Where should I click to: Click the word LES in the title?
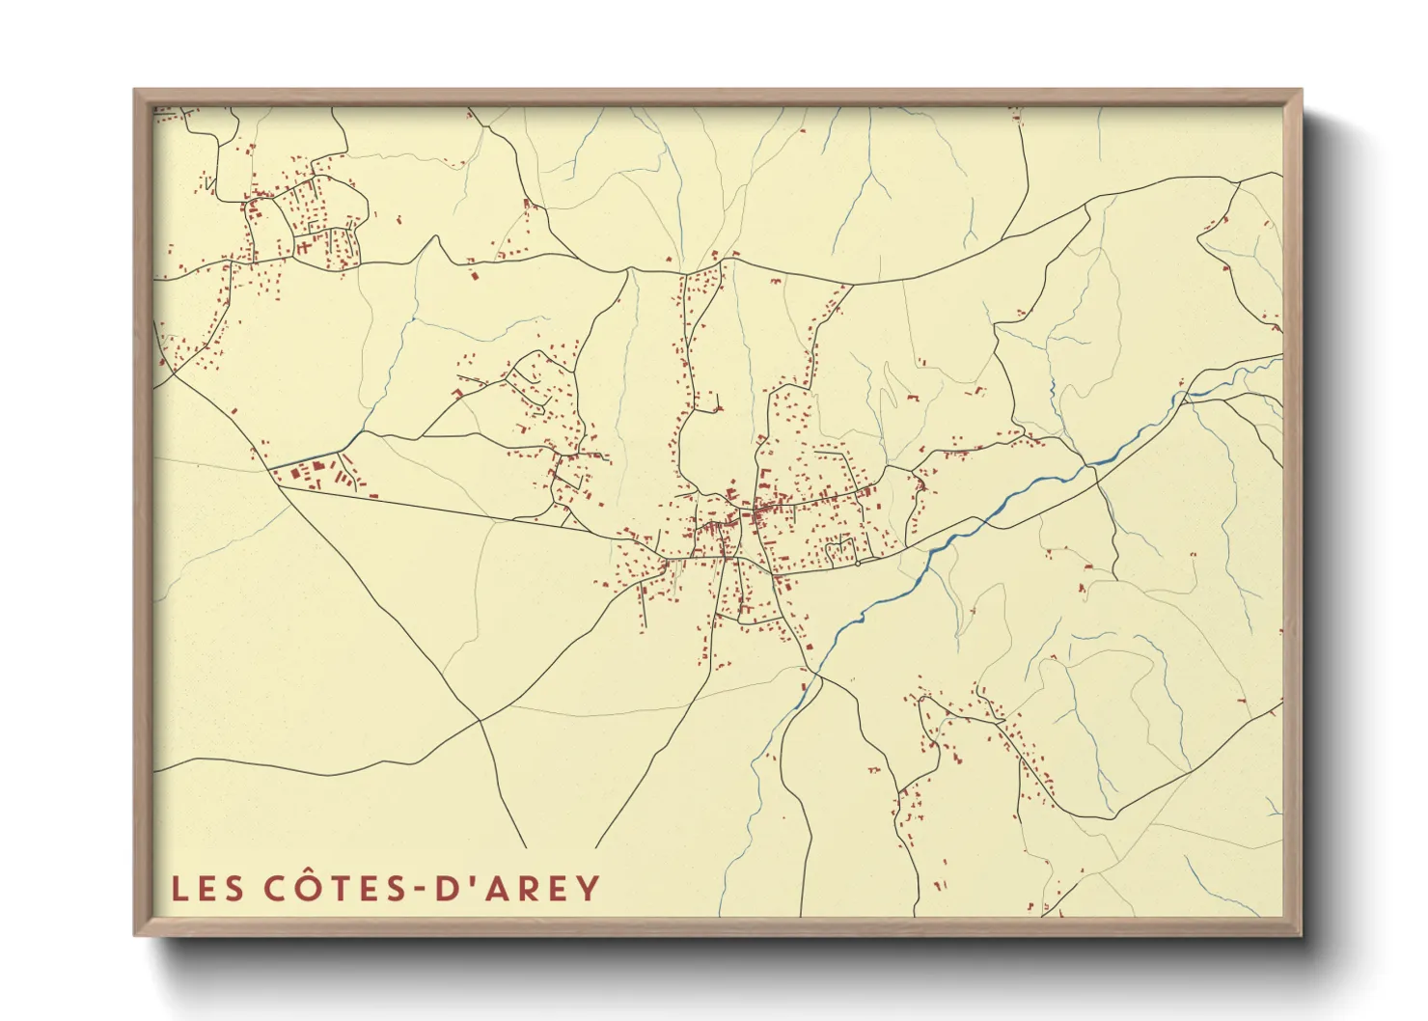(x=206, y=888)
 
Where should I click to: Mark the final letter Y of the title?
(x=588, y=888)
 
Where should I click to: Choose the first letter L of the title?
(x=179, y=888)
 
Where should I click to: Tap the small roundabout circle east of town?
(x=857, y=564)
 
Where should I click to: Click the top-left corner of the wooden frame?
(x=136, y=91)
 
